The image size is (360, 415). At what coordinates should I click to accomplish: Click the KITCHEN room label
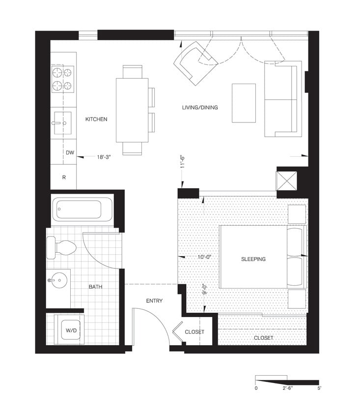[x=96, y=119]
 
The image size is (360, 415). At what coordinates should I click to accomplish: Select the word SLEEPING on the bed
[x=253, y=259]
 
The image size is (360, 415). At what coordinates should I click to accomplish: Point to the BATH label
[x=95, y=287]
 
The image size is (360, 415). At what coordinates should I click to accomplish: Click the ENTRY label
[x=154, y=301]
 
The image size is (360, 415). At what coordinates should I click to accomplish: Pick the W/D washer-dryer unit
[x=68, y=331]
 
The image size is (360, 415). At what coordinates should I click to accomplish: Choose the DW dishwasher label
[x=70, y=153]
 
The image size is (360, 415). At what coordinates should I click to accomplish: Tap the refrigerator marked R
[x=64, y=177]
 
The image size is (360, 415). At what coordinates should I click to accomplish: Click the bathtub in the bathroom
[x=79, y=209]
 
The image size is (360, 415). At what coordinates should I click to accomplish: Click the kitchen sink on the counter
[x=62, y=123]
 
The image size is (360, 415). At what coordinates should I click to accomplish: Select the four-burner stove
[x=63, y=80]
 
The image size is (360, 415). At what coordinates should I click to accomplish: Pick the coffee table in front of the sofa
[x=244, y=103]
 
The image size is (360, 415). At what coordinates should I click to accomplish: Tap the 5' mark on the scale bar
[x=319, y=388]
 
